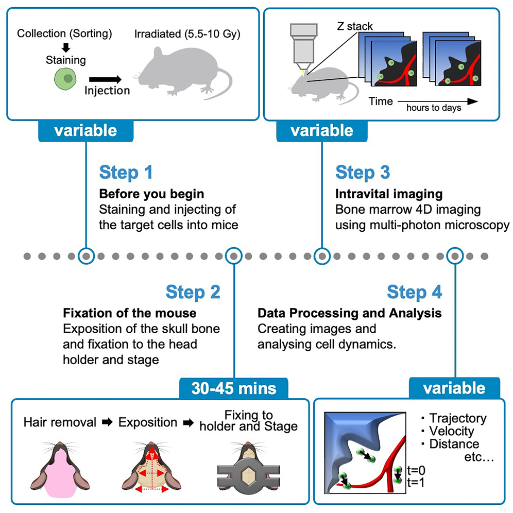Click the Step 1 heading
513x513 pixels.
tap(126, 173)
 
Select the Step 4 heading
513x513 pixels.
tap(414, 292)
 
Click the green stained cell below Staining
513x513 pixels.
tap(65, 80)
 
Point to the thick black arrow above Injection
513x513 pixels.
tap(105, 79)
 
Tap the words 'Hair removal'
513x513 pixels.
tap(60, 422)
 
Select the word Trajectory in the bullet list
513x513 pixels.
tap(457, 418)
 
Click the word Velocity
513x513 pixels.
tap(452, 431)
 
